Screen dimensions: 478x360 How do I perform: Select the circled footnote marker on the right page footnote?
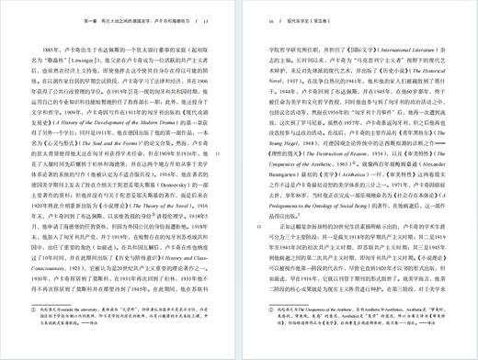coord(268,311)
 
